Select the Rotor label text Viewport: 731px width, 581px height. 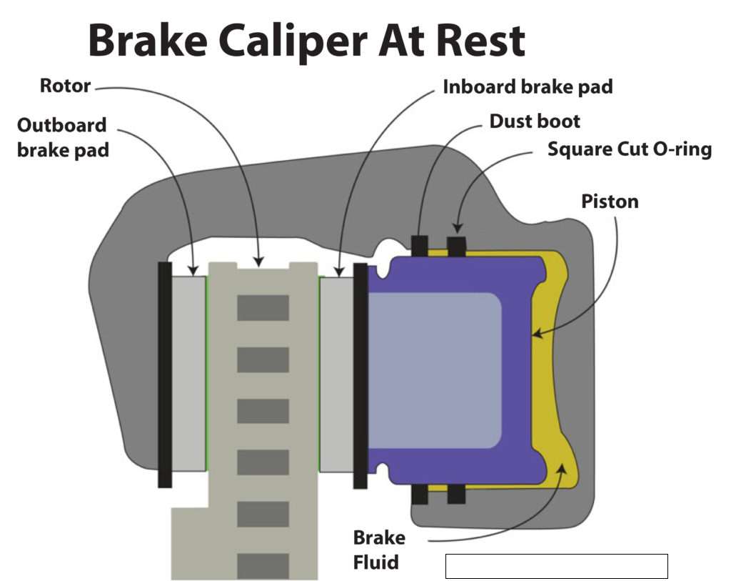[x=64, y=86]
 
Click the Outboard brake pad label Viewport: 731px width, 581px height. [x=62, y=138]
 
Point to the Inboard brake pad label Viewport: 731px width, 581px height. [x=528, y=87]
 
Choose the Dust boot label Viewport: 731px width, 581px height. [x=535, y=121]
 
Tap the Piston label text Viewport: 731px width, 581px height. [x=610, y=202]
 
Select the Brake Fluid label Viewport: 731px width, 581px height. [x=379, y=550]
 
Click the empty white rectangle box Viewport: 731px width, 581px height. [x=556, y=566]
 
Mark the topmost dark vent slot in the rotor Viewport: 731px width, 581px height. [x=263, y=308]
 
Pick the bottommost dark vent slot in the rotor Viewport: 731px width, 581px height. [x=263, y=565]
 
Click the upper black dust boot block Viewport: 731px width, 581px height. [x=420, y=245]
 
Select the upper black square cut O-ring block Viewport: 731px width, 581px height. [x=456, y=245]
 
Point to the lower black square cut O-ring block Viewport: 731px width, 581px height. [x=456, y=494]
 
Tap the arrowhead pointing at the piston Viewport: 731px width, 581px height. [x=538, y=333]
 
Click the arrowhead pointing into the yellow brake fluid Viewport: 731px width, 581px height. [x=562, y=467]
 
